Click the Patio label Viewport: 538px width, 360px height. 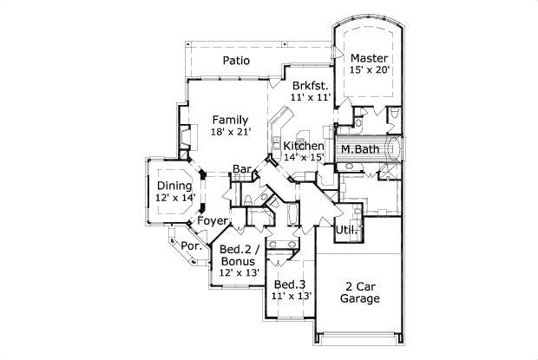(236, 61)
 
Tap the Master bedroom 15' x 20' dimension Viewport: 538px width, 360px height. (370, 69)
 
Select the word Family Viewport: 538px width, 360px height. (230, 120)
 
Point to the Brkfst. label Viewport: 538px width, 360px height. (311, 85)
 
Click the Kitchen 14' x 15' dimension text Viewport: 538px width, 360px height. (305, 157)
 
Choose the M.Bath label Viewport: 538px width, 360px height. (360, 149)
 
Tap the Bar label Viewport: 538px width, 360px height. (242, 169)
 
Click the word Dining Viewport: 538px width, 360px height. (174, 186)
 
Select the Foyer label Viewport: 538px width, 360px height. (213, 221)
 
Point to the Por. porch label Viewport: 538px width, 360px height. (192, 245)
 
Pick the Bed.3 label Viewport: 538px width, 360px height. (290, 285)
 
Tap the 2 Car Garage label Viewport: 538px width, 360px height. (360, 292)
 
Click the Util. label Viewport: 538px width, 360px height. (347, 230)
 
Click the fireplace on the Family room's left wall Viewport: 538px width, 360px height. (186, 136)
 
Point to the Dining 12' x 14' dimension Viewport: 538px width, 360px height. (175, 198)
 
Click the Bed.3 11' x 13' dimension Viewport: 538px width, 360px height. (292, 296)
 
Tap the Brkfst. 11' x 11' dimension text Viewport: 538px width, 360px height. (311, 97)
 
